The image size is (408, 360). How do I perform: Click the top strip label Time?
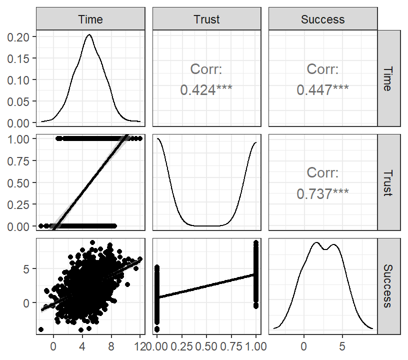pyautogui.click(x=90, y=19)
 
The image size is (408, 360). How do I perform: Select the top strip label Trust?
pyautogui.click(x=206, y=19)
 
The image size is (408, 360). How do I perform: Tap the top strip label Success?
pyautogui.click(x=322, y=19)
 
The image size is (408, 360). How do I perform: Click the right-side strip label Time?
pyautogui.click(x=387, y=79)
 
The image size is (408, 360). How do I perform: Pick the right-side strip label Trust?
pyautogui.click(x=387, y=183)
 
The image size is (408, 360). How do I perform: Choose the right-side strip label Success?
pyautogui.click(x=387, y=286)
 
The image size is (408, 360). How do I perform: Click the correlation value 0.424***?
pyautogui.click(x=206, y=90)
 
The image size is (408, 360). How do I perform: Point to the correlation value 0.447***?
pyautogui.click(x=322, y=90)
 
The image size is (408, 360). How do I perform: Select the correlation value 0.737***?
pyautogui.click(x=322, y=194)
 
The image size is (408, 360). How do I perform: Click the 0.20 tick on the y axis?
pyautogui.click(x=18, y=37)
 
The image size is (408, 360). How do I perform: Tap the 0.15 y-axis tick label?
pyautogui.click(x=18, y=59)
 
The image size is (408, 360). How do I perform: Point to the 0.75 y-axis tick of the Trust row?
pyautogui.click(x=18, y=161)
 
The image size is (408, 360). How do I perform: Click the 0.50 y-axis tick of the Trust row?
pyautogui.click(x=18, y=183)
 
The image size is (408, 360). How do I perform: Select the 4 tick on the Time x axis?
pyautogui.click(x=82, y=346)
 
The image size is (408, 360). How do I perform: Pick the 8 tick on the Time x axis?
pyautogui.click(x=111, y=346)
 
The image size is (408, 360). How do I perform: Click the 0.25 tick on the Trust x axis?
pyautogui.click(x=181, y=346)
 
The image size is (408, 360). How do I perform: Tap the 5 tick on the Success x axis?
pyautogui.click(x=342, y=346)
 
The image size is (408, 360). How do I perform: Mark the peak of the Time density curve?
pyautogui.click(x=89, y=34)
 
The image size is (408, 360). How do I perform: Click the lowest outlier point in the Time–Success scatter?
pyautogui.click(x=80, y=330)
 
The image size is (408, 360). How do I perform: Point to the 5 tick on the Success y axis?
pyautogui.click(x=26, y=269)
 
